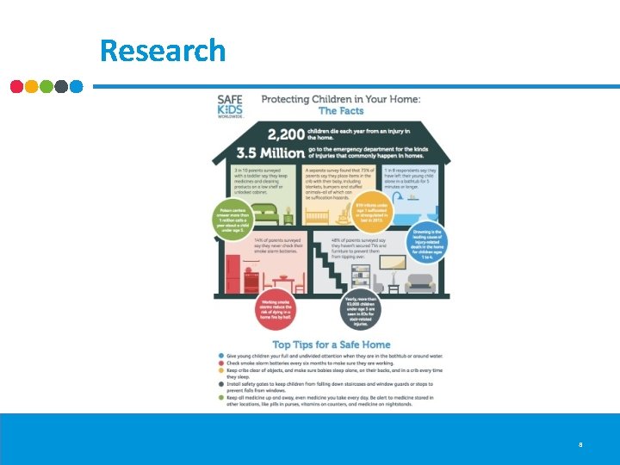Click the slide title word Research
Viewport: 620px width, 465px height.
(163, 50)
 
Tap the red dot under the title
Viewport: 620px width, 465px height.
(17, 86)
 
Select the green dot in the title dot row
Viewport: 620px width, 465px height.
(46, 86)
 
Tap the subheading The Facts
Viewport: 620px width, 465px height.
(341, 110)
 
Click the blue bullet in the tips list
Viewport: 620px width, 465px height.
(222, 356)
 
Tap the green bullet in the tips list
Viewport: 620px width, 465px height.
(222, 397)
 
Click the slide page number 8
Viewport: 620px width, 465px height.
(581, 445)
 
